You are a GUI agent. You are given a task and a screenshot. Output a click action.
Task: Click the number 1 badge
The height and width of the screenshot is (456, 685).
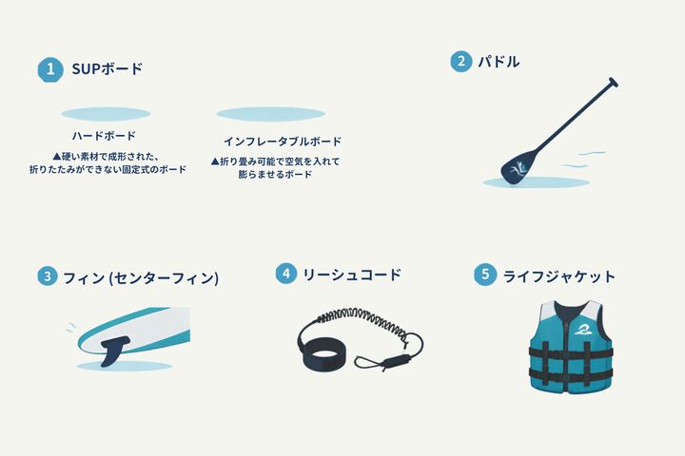[50, 69]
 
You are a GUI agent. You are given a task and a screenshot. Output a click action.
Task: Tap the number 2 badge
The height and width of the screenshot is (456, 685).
[460, 61]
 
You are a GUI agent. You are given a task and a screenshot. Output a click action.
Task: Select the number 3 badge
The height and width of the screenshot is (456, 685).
[48, 276]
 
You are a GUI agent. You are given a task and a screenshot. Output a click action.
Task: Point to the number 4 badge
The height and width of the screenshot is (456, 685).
[286, 274]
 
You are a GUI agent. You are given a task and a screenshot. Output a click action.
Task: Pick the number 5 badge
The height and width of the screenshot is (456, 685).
[485, 275]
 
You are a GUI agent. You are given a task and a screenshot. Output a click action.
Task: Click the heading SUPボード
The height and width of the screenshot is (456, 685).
[108, 69]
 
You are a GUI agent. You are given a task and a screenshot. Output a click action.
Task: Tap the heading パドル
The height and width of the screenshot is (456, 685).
[499, 62]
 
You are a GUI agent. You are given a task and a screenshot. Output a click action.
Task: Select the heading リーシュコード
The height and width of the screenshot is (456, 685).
[352, 275]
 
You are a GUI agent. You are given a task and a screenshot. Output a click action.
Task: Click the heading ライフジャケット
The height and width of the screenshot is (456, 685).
[559, 276]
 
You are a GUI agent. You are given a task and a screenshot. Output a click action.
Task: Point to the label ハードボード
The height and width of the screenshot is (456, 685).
[104, 136]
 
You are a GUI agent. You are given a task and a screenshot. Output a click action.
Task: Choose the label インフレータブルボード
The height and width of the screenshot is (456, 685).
[283, 142]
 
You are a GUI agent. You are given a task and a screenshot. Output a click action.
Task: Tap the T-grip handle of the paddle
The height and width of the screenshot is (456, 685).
[614, 82]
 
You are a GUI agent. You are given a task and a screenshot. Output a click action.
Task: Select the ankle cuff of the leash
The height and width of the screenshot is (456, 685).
[323, 353]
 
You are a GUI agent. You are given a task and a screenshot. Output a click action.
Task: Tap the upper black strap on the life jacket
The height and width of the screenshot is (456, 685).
[571, 351]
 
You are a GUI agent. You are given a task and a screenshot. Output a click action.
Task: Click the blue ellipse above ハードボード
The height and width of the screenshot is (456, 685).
[106, 114]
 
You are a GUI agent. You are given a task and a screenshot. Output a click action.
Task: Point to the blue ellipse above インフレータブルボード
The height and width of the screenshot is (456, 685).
[271, 114]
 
